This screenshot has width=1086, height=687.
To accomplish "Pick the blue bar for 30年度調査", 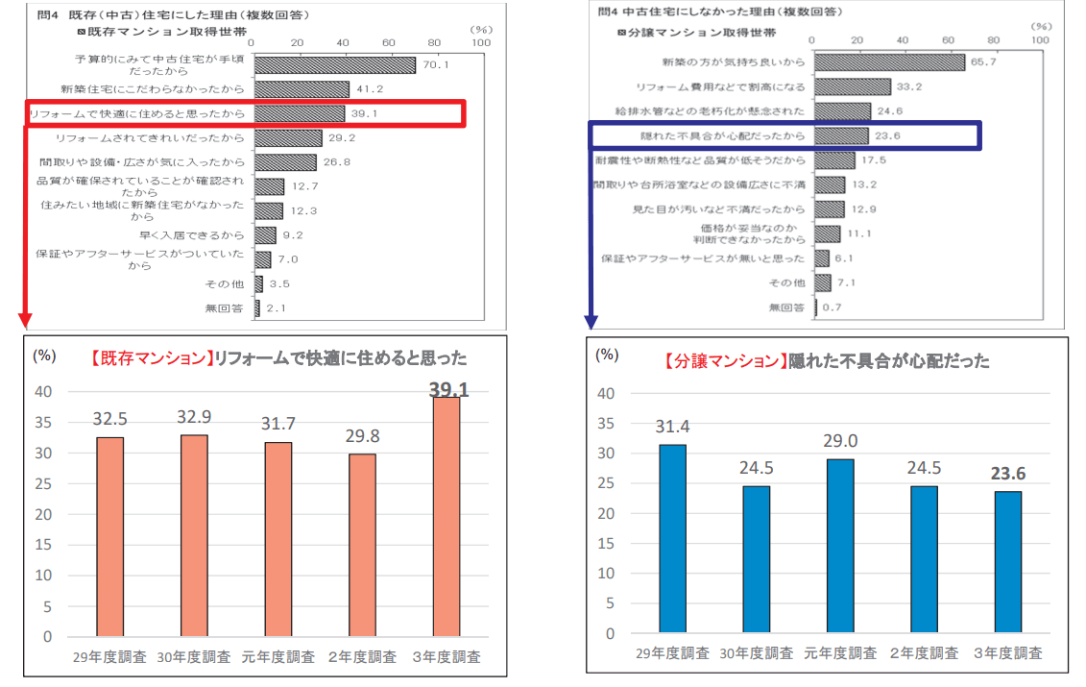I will (x=756, y=559).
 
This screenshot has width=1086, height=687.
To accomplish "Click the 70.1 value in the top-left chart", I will (x=436, y=65).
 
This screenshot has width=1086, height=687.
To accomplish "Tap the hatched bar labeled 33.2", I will (x=851, y=86).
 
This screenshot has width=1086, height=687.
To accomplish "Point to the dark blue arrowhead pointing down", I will (x=592, y=319).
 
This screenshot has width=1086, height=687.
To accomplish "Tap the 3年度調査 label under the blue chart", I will (x=1006, y=653).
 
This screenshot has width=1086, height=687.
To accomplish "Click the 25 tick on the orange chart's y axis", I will (x=43, y=483).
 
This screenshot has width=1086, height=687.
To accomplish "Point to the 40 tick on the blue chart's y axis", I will (x=606, y=393).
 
